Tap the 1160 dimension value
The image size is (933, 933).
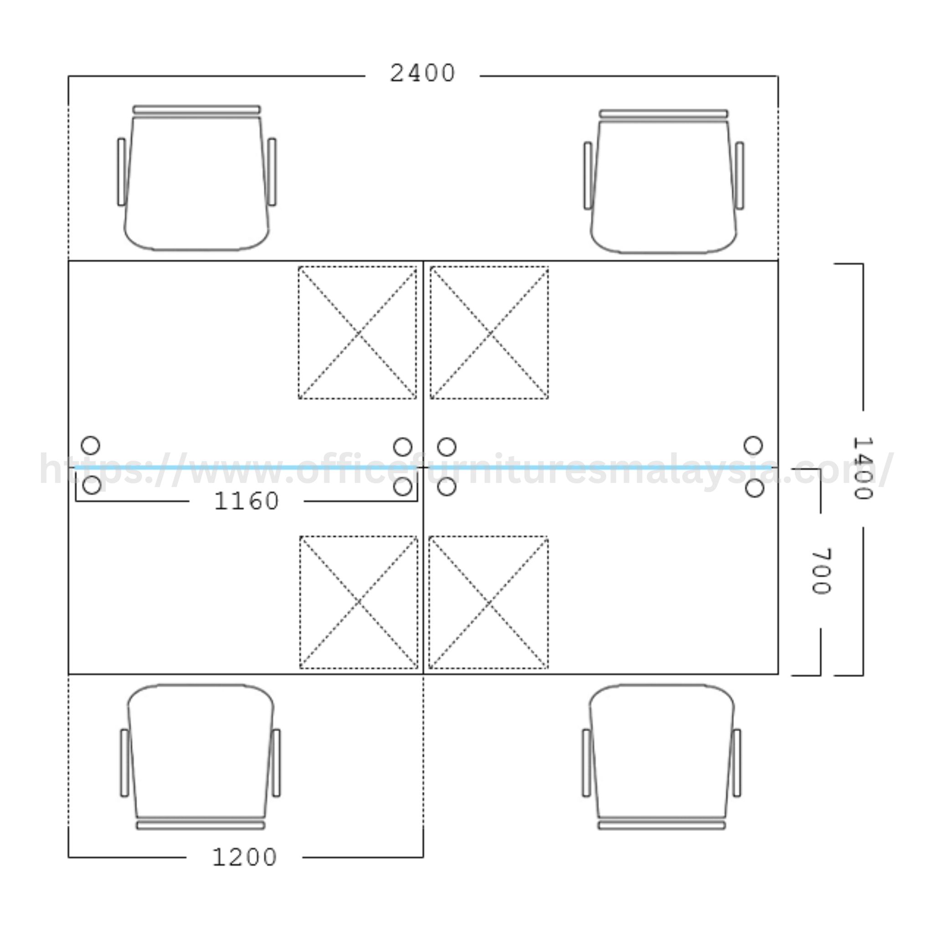[246, 501]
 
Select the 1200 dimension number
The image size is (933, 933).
[244, 858]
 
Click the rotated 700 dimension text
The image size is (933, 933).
[820, 571]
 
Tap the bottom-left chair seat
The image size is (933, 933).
[201, 751]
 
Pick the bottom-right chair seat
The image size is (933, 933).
[662, 751]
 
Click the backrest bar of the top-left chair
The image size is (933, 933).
[196, 110]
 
